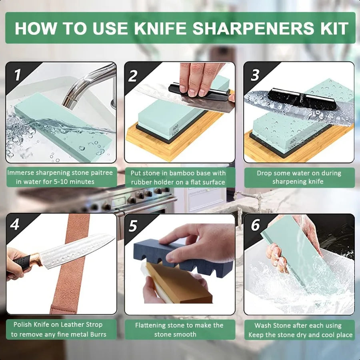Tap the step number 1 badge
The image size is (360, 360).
click(16, 75)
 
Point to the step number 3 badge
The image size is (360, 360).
click(255, 75)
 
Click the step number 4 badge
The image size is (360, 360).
click(15, 224)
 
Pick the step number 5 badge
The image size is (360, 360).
click(133, 226)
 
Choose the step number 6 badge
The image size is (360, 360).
click(255, 225)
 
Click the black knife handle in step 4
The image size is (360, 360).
click(20, 262)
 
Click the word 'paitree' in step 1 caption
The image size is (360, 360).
click(99, 173)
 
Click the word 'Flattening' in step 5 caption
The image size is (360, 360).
click(151, 325)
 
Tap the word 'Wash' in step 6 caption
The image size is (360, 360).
click(264, 325)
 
